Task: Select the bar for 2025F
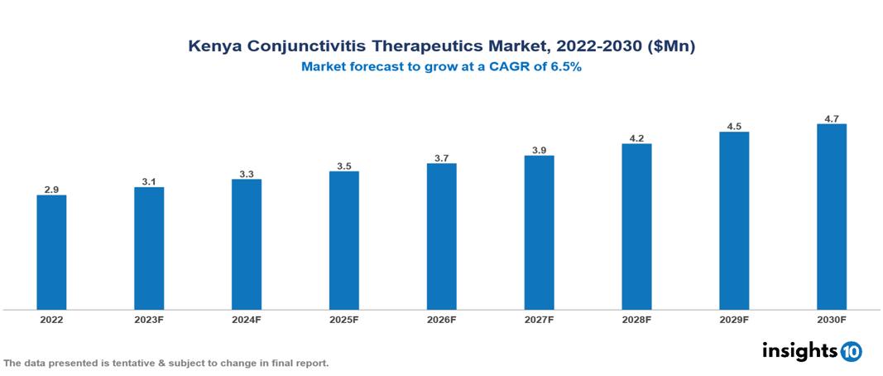tap(343, 240)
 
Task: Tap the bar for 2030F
tap(831, 217)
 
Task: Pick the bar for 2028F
tap(636, 227)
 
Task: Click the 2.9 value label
tap(51, 190)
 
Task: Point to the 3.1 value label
tap(149, 181)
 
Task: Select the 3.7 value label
tap(441, 157)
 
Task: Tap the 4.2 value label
tap(636, 138)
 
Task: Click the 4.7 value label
tap(831, 118)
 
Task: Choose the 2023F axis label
tap(149, 319)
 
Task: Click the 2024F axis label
tap(247, 319)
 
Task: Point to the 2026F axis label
tap(441, 319)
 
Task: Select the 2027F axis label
tap(539, 319)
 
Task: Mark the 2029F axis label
tap(734, 319)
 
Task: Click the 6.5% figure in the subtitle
tap(565, 67)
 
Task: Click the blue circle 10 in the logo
tap(851, 351)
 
